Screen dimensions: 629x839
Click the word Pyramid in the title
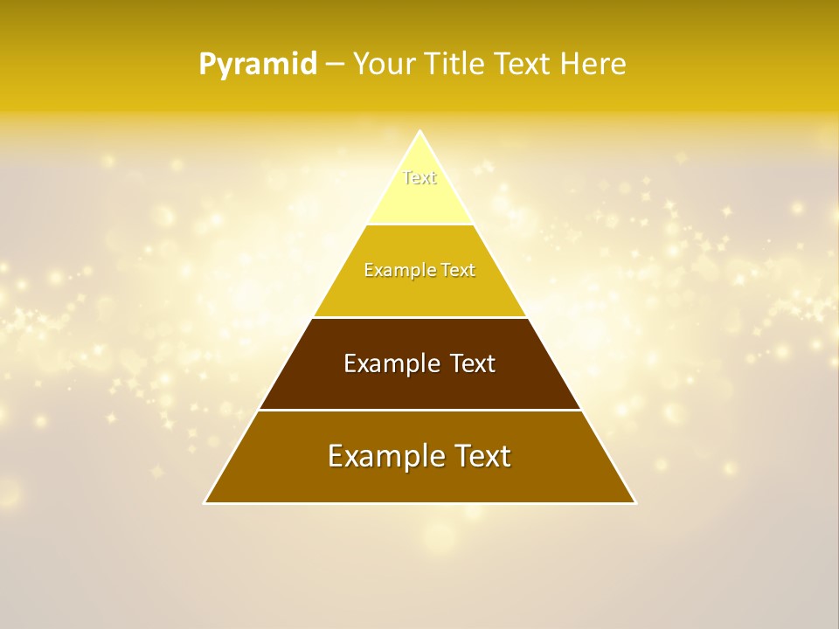pos(257,65)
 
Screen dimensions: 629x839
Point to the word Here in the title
pos(593,65)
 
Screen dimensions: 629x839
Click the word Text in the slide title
pos(522,65)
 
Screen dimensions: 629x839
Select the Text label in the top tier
pos(419,177)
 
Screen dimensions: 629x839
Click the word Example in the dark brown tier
pos(386,363)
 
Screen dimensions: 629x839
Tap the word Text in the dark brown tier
pos(473,363)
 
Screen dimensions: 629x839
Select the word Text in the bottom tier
pos(481,456)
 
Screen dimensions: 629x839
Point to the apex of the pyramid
pos(420,132)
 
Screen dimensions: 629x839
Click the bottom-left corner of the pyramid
pos(205,502)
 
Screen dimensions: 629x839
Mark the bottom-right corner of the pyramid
pos(635,502)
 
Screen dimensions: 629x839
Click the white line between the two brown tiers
pos(420,410)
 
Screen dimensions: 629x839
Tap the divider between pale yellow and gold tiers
pos(420,225)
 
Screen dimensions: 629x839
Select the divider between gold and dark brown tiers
pos(420,317)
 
